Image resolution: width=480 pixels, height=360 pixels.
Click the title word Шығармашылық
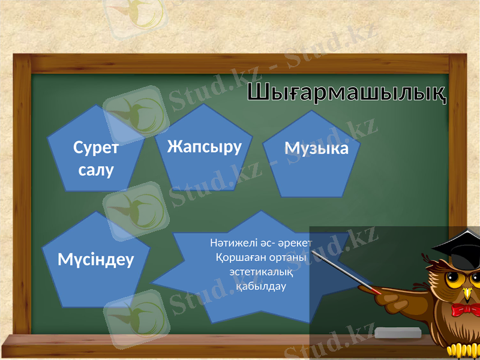click(x=347, y=94)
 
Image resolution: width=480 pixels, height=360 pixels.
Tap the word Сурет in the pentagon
click(x=95, y=148)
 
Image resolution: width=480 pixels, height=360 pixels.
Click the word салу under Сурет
click(x=96, y=169)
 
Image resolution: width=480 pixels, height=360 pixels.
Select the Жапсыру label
click(x=204, y=146)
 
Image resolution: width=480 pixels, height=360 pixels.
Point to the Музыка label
click(x=316, y=148)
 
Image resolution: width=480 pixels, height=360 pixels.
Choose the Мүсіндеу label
click(x=96, y=259)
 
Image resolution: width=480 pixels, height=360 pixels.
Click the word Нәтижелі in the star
click(x=231, y=244)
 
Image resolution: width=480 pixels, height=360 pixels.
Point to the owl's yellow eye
click(x=457, y=279)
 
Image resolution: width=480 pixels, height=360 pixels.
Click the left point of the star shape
click(x=153, y=280)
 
